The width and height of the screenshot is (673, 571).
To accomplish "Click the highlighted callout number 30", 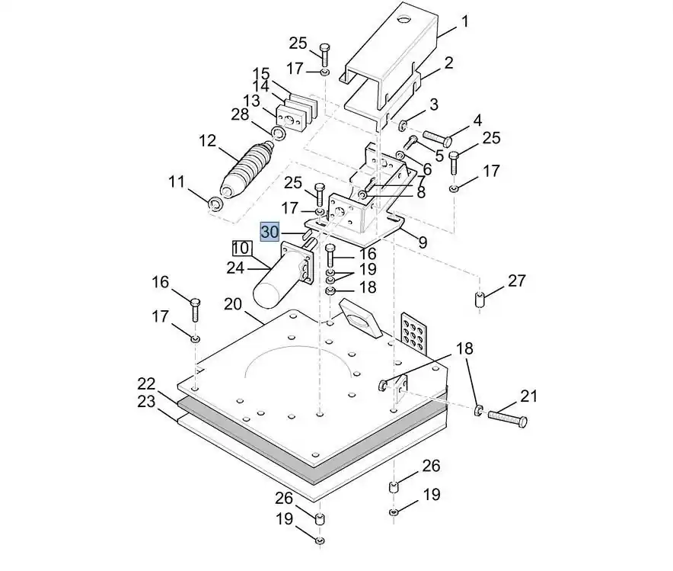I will (x=270, y=231).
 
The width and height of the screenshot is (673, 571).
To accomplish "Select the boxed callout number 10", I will (x=241, y=248).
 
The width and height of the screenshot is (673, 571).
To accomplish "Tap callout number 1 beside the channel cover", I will (x=466, y=22).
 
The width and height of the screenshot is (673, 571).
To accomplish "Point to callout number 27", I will (x=517, y=281).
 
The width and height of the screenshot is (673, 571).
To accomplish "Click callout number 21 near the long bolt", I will (x=528, y=396).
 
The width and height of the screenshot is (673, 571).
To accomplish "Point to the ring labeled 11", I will (x=215, y=204).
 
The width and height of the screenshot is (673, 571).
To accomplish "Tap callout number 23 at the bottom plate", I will (x=146, y=400).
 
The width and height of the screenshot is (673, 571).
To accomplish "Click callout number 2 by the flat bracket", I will (x=448, y=63).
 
